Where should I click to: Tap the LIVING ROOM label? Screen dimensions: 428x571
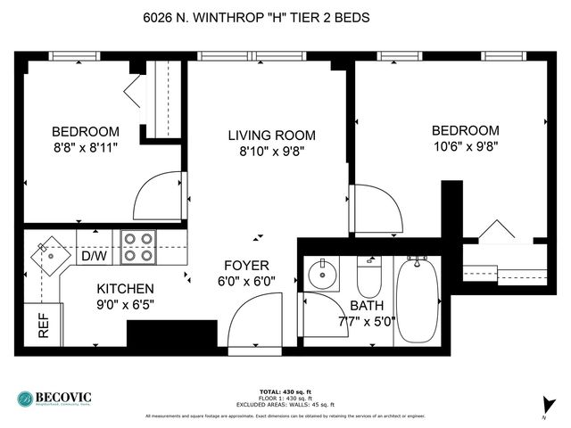click(271, 136)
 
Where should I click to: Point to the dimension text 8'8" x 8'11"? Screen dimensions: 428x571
click(85, 145)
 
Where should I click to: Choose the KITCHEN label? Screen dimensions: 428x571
click(125, 290)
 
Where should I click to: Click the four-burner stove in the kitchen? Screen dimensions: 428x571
click(137, 247)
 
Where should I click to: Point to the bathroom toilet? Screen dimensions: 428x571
click(369, 279)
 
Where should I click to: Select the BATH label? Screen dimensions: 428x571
click(367, 306)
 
